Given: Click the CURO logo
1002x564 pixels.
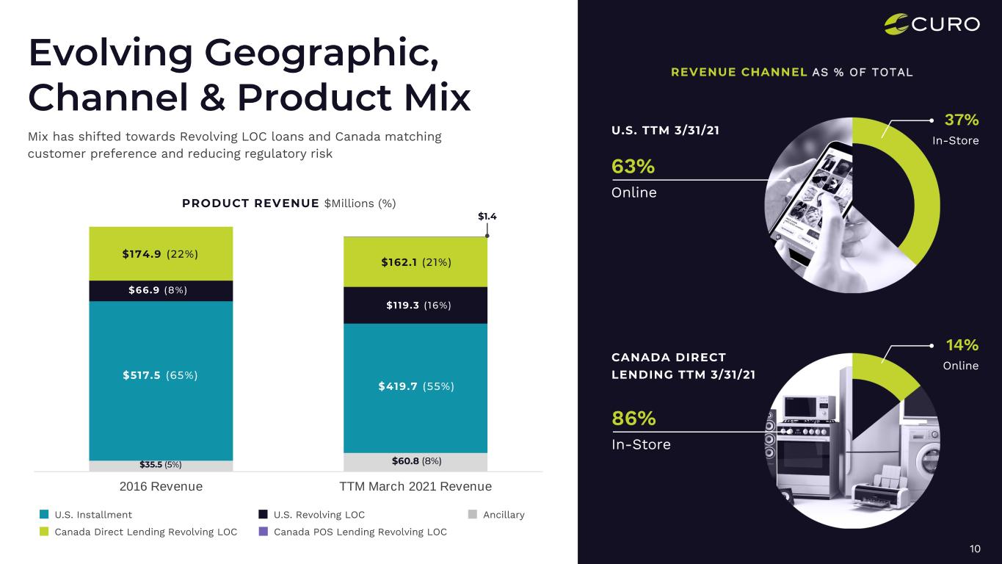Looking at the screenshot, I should click(x=932, y=24).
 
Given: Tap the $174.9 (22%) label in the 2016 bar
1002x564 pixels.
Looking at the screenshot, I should click(x=160, y=254).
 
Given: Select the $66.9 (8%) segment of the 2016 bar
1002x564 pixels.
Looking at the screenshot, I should click(x=160, y=290).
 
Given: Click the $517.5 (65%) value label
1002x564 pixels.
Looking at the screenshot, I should click(x=160, y=375).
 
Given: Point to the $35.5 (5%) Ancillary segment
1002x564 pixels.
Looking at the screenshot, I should click(x=160, y=464).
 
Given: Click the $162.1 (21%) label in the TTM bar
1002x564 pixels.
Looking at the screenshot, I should click(x=415, y=262).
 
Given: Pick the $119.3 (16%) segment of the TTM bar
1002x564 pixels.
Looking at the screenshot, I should click(x=415, y=305).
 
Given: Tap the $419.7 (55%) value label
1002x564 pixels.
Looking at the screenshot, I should click(x=415, y=386).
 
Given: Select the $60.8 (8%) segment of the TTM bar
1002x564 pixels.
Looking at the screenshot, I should click(x=415, y=461).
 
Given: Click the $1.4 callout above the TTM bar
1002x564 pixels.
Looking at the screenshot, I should click(x=487, y=216).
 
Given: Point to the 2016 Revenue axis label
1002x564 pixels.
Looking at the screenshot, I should click(x=160, y=486).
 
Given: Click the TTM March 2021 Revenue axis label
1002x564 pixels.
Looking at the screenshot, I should click(x=415, y=486).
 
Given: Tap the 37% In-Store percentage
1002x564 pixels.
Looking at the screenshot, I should click(x=962, y=120).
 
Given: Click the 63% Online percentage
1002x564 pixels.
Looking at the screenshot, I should click(x=633, y=167).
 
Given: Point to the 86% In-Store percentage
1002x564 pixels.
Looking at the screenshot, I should click(x=633, y=419).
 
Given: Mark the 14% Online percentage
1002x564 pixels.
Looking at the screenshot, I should click(x=962, y=345).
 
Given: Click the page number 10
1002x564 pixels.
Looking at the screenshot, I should click(x=975, y=549).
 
